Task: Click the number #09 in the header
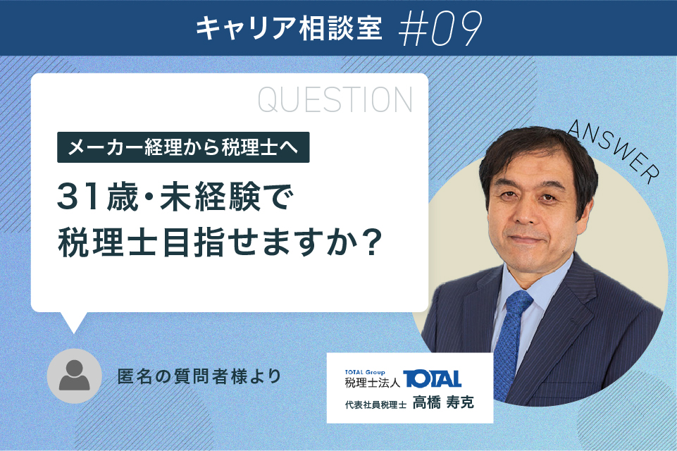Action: click(x=440, y=28)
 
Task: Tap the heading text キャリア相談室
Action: click(x=289, y=28)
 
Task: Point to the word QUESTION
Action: click(x=335, y=100)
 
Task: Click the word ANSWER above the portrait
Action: click(x=614, y=151)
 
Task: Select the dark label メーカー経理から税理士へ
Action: click(x=183, y=147)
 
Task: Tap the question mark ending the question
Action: click(x=371, y=243)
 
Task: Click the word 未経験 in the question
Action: click(x=210, y=197)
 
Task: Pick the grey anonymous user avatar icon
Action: click(x=74, y=376)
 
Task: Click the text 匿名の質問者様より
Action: click(x=199, y=376)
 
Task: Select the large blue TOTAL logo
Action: click(x=432, y=379)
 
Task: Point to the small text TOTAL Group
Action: click(x=365, y=372)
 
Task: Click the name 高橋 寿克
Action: click(x=443, y=402)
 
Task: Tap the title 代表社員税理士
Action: click(x=375, y=404)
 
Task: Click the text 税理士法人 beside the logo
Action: click(x=373, y=383)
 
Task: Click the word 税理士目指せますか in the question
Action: click(x=208, y=243)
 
